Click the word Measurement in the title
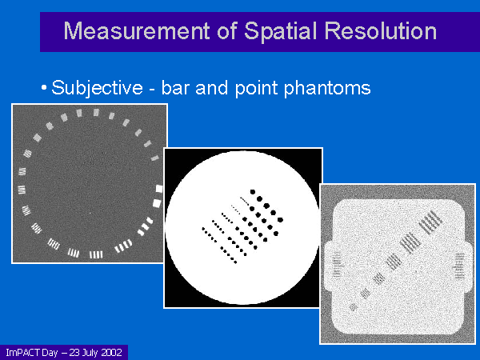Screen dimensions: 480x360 pyautogui.click(x=137, y=31)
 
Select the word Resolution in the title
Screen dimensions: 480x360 pyautogui.click(x=380, y=31)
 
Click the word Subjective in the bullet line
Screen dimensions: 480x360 pyautogui.click(x=97, y=88)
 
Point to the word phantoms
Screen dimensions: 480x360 pyautogui.click(x=327, y=89)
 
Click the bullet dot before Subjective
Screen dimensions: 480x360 pyautogui.click(x=44, y=88)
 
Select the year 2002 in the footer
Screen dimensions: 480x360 pyautogui.click(x=112, y=352)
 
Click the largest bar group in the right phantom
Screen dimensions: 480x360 pyautogui.click(x=431, y=222)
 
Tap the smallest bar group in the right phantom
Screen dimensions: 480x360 pyautogui.click(x=354, y=306)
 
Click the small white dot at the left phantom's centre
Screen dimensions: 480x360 pyautogui.click(x=90, y=213)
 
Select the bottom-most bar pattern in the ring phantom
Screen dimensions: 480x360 pyautogui.click(x=96, y=254)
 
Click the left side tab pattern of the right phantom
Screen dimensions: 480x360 pyautogui.click(x=337, y=265)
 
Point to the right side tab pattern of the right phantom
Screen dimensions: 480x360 pyautogui.click(x=459, y=266)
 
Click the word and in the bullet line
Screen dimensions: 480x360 pyautogui.click(x=211, y=88)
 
